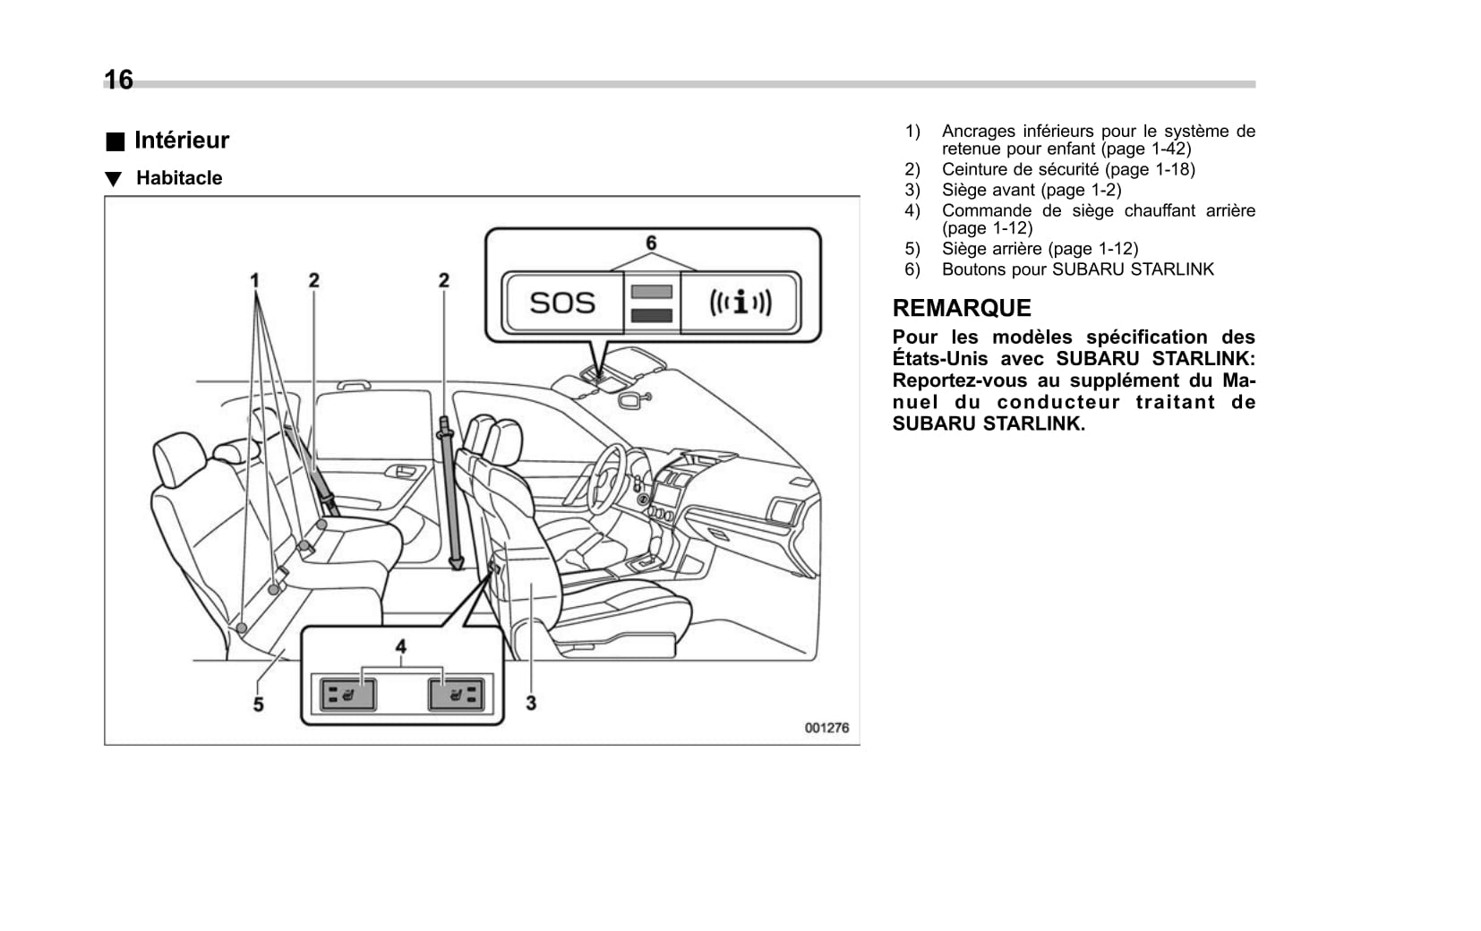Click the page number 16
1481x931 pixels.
[118, 80]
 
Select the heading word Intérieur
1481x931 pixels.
[181, 141]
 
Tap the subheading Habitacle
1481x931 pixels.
[179, 178]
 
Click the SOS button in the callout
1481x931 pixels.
[562, 303]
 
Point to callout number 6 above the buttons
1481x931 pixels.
[651, 243]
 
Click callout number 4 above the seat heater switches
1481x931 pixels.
[401, 646]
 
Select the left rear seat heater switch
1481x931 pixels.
[348, 694]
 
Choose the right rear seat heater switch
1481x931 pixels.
[456, 694]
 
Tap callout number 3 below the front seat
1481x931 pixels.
[531, 703]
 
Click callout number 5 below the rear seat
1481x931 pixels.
[258, 705]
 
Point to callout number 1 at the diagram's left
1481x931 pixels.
[255, 280]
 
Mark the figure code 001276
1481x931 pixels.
[826, 728]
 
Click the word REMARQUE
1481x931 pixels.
[962, 308]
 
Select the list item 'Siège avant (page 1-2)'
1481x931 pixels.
[1031, 190]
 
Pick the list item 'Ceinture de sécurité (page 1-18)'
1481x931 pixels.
[1067, 169]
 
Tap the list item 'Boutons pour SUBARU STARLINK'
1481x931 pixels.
[1077, 269]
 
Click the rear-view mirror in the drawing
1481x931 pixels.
[630, 399]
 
